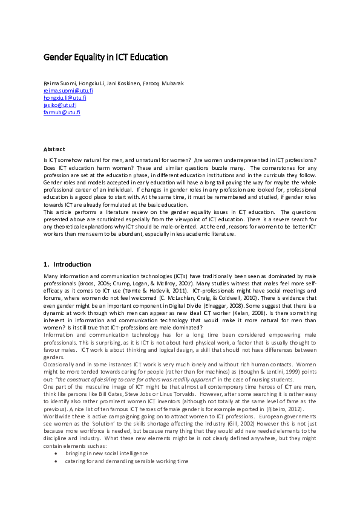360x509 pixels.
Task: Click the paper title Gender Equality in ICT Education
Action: tap(105, 57)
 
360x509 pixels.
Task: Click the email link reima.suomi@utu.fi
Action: tap(68, 90)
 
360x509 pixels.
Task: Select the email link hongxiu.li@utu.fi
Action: tap(65, 97)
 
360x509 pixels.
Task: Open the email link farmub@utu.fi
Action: tap(62, 112)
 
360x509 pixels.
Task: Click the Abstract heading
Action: tap(54, 149)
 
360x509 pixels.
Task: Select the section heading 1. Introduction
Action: tap(67, 264)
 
